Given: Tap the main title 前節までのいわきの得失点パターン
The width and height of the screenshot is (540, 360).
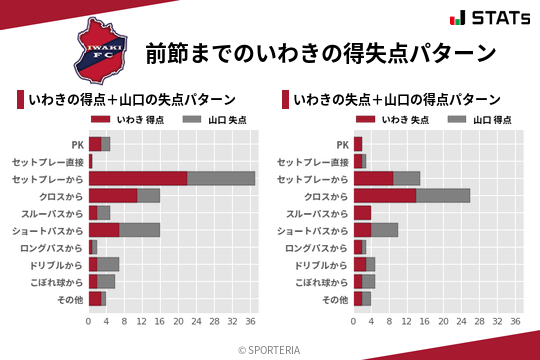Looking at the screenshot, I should pos(320,52).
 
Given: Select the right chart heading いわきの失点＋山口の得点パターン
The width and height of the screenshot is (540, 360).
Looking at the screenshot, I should pos(397,100).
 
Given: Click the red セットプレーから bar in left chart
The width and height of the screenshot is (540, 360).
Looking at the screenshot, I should pos(138,178).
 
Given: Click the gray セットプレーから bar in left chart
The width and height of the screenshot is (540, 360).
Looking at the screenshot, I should pos(221,178).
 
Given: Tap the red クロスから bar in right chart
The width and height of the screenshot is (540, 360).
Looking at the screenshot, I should pos(385,195).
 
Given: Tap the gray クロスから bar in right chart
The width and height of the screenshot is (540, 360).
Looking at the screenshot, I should pos(443,195).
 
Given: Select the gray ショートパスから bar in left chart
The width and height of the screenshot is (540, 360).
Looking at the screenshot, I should pos(140,230).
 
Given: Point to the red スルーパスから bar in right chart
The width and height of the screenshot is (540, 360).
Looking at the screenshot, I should pos(362,213).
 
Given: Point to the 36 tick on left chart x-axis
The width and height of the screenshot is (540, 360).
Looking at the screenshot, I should pos(250,322).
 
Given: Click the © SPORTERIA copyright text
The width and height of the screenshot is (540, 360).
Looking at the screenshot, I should pos(270,349).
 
